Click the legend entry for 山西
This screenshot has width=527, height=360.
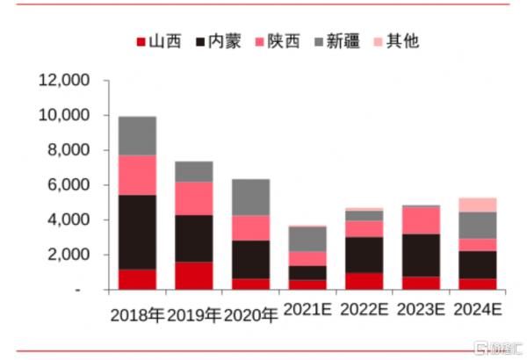pyautogui.click(x=158, y=41)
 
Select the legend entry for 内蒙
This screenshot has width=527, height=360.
pyautogui.click(x=216, y=41)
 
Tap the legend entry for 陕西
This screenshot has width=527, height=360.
pyautogui.click(x=277, y=41)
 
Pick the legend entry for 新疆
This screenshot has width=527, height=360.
pyautogui.click(x=336, y=41)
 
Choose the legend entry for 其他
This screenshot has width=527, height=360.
pyautogui.click(x=395, y=41)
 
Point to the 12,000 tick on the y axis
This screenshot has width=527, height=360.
pyautogui.click(x=65, y=81)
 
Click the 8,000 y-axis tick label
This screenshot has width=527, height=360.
pyautogui.click(x=69, y=150)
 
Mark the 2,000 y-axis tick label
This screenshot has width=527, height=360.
pyautogui.click(x=69, y=255)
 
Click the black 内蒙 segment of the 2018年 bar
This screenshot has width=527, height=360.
pyautogui.click(x=137, y=232)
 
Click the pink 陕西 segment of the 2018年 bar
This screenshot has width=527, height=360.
pyautogui.click(x=137, y=175)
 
